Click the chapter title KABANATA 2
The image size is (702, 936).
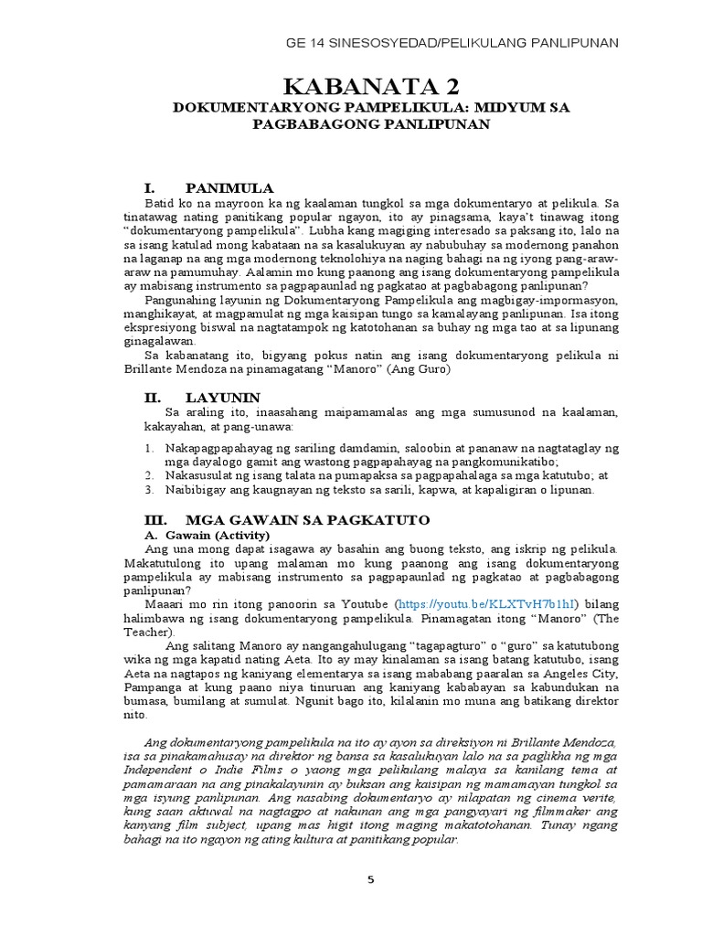click(371, 88)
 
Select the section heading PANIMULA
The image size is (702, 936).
click(229, 187)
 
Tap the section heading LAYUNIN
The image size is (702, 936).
click(223, 398)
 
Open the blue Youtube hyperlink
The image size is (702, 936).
click(488, 605)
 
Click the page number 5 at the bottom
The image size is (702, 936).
click(370, 880)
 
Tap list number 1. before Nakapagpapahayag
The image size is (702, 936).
click(150, 449)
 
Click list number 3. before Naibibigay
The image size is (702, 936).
click(150, 490)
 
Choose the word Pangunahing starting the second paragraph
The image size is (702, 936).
click(181, 298)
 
